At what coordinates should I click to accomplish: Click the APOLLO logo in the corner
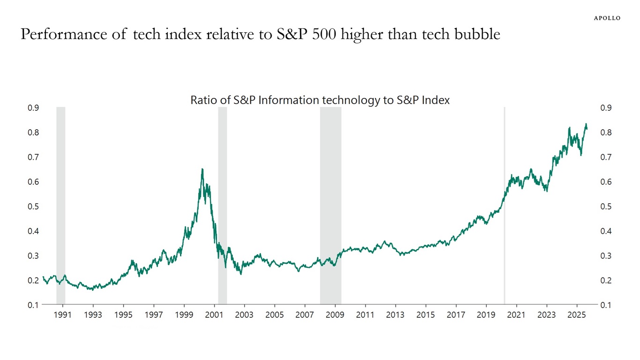point(607,18)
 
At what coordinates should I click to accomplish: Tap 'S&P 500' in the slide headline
point(309,34)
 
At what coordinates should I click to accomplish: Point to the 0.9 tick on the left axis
point(33,108)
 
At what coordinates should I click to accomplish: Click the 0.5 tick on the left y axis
point(33,206)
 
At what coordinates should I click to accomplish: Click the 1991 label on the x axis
point(62,315)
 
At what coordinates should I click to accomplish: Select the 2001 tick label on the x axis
point(214,315)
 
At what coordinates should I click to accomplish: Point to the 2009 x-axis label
point(335,315)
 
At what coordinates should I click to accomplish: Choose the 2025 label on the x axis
point(577,315)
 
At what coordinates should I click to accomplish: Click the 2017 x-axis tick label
point(456,315)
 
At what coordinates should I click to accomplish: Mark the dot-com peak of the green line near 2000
point(202,169)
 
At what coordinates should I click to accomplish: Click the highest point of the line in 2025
point(586,124)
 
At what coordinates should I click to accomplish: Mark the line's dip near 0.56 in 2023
point(546,191)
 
